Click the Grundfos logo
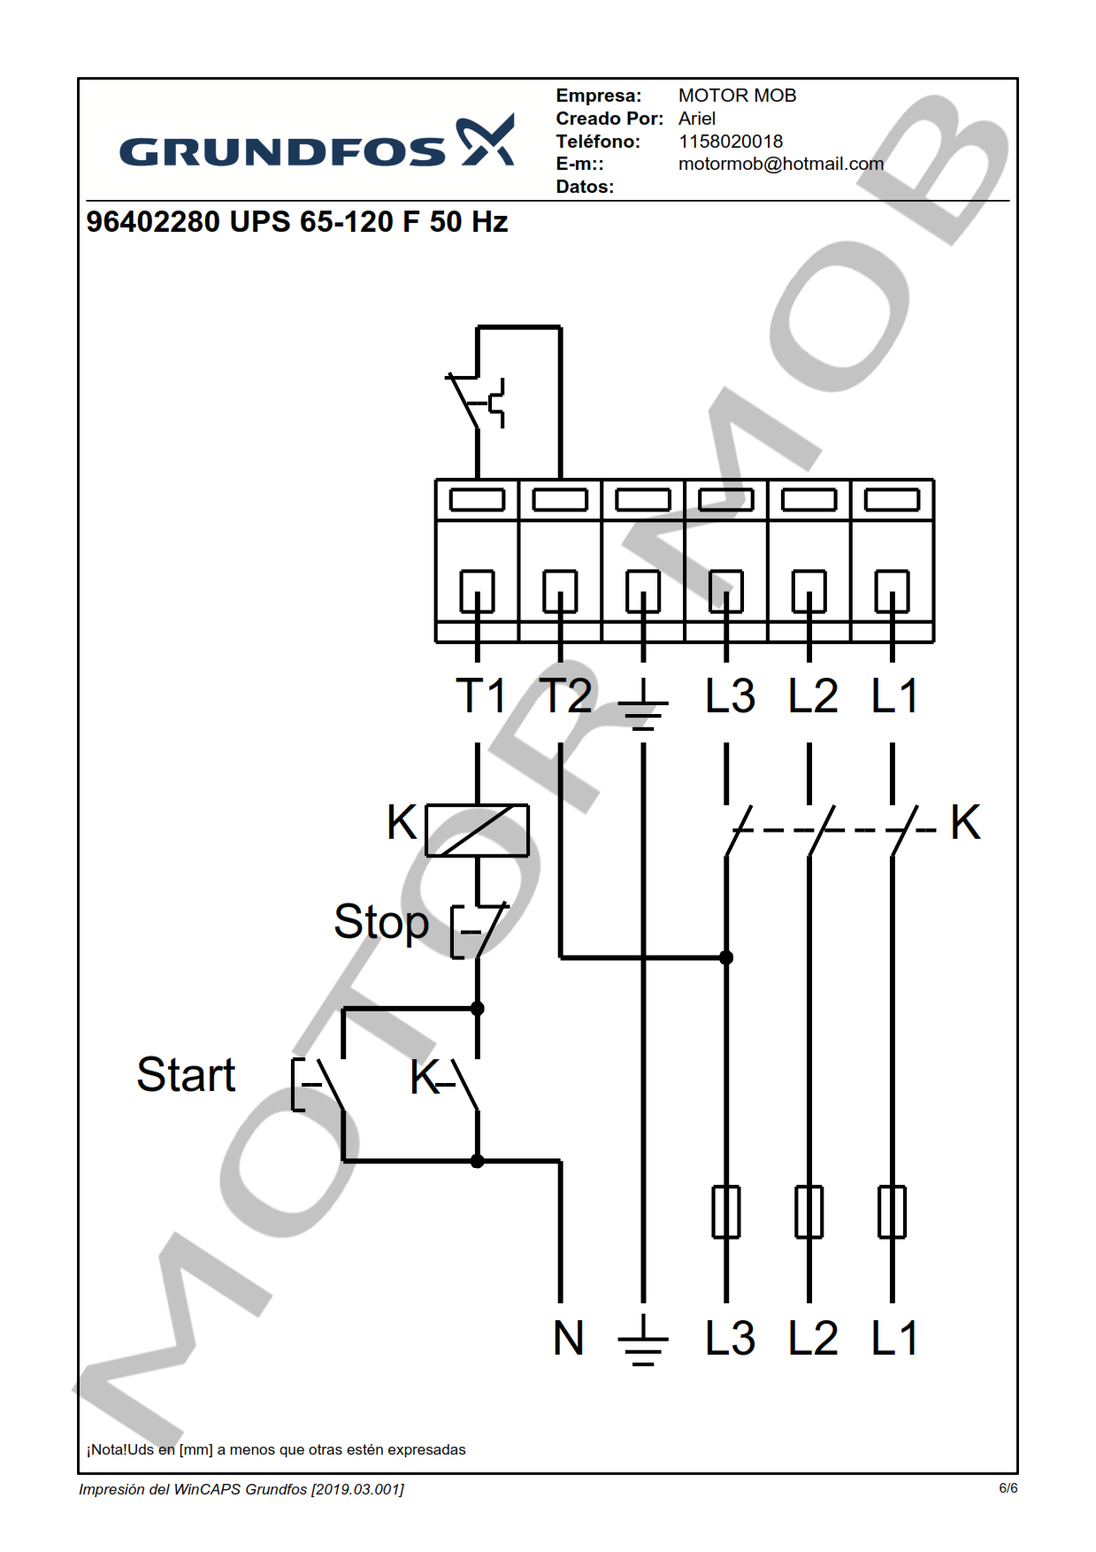(316, 143)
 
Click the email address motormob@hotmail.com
(780, 165)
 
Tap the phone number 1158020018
(730, 142)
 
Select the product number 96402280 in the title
(152, 222)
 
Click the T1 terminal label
(480, 695)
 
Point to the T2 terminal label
(565, 695)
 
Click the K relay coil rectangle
(478, 830)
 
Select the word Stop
(381, 922)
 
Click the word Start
(186, 1075)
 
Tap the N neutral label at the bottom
(568, 1338)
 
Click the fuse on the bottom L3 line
(726, 1212)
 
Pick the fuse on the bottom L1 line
(892, 1212)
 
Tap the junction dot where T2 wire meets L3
(726, 957)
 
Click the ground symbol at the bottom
(643, 1341)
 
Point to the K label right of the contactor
(965, 823)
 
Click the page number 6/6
(1008, 1488)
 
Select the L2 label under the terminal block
(813, 695)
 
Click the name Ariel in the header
(697, 119)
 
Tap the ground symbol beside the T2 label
(643, 704)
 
